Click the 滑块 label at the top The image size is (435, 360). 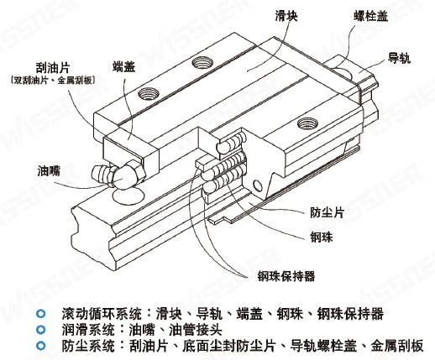pyautogui.click(x=286, y=16)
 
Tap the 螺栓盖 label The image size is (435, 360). pyautogui.click(x=370, y=16)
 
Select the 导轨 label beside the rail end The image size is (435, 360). pyautogui.click(x=399, y=58)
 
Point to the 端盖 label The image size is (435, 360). pyautogui.click(x=123, y=67)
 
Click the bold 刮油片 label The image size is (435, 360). pyautogui.click(x=53, y=67)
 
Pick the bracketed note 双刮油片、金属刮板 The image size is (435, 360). pyautogui.click(x=52, y=81)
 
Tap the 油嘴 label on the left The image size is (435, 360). pyautogui.click(x=49, y=170)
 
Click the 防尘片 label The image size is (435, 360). pyautogui.click(x=327, y=212)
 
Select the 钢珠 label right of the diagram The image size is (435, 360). pyautogui.click(x=322, y=237)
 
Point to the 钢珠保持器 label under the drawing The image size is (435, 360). pyautogui.click(x=286, y=276)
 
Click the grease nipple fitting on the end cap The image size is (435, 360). pyautogui.click(x=118, y=175)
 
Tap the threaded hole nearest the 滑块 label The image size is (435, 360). pyautogui.click(x=202, y=62)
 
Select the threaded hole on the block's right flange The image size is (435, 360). pyautogui.click(x=307, y=123)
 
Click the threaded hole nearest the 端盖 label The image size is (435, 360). pyautogui.click(x=149, y=93)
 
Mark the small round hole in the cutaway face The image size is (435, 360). pyautogui.click(x=258, y=185)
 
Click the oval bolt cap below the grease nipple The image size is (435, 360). pyautogui.click(x=128, y=196)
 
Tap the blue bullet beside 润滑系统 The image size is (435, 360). pyautogui.click(x=40, y=330)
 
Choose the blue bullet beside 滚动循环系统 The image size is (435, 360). pyautogui.click(x=40, y=314)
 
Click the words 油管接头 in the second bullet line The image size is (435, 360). pyautogui.click(x=196, y=330)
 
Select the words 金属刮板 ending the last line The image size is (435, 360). pyautogui.click(x=397, y=346)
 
